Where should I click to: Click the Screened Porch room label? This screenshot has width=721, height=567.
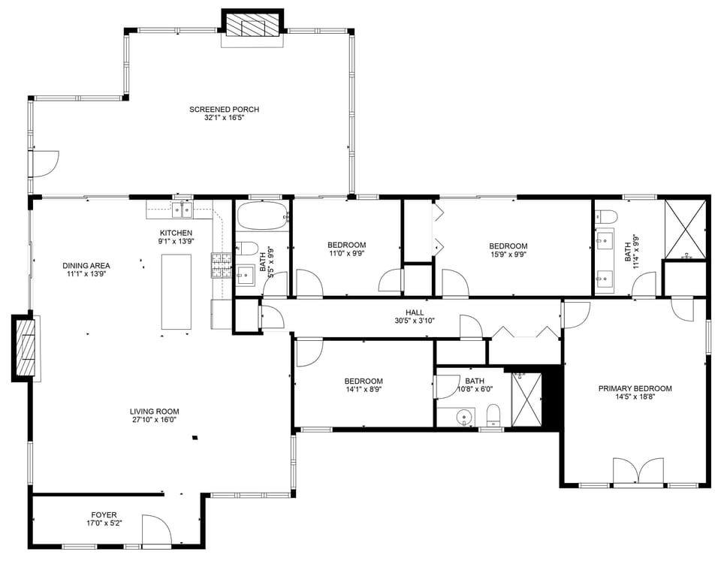(224, 110)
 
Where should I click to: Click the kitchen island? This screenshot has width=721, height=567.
(176, 291)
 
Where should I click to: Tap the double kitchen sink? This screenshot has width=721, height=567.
(182, 208)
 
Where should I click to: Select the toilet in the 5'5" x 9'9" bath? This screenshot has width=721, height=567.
(248, 249)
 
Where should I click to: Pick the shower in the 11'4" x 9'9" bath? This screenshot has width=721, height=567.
(685, 228)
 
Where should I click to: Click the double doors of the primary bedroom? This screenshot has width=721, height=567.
(638, 472)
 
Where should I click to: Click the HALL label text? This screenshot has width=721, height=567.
(415, 312)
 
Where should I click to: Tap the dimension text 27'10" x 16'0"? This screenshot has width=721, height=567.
(154, 421)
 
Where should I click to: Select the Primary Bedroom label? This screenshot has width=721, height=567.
(635, 388)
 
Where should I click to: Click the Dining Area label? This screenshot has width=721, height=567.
(86, 265)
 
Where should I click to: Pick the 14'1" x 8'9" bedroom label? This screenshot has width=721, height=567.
(364, 381)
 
